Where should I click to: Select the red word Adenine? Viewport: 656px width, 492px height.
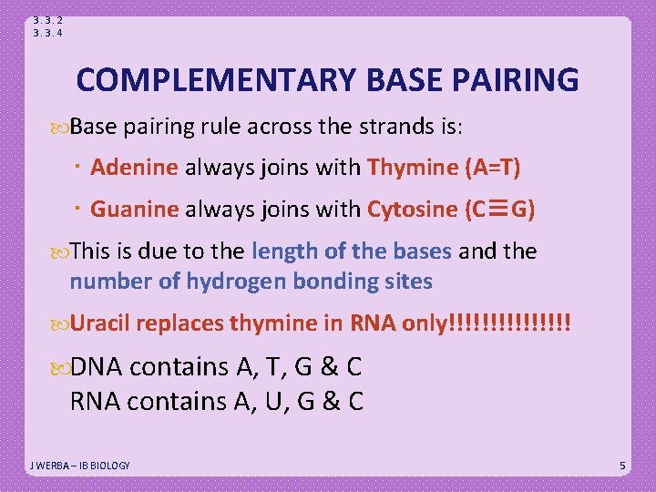coord(135,167)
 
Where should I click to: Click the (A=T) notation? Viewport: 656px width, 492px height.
coord(492,167)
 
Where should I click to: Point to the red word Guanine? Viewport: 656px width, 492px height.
coord(135,209)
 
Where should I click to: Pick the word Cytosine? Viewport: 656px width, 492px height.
coord(412,209)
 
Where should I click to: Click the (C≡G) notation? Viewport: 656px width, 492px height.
coord(499,209)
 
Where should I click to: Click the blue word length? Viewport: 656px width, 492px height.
coord(281,251)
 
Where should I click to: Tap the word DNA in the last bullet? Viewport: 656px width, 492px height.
coord(97,367)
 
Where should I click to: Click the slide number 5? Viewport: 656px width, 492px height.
coord(622,466)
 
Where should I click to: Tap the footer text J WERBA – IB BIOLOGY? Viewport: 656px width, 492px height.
coord(80,466)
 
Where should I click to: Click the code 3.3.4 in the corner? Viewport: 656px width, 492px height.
coord(47,33)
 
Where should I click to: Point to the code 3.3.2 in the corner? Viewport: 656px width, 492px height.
coord(47,19)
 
